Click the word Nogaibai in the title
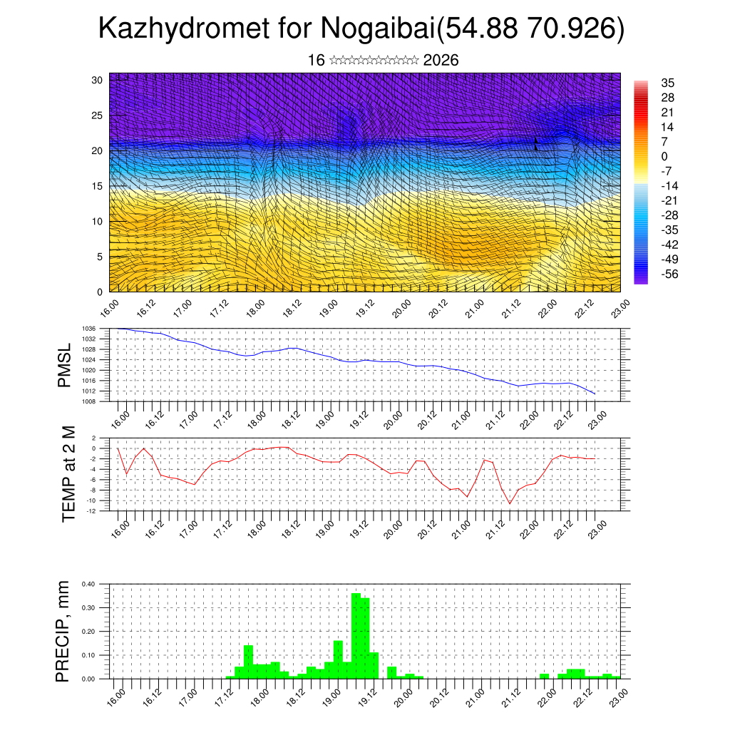tap(378, 29)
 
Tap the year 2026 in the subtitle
tap(441, 61)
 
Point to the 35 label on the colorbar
tap(668, 83)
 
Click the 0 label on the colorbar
tap(665, 156)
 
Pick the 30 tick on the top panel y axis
tap(97, 80)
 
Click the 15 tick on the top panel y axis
tap(97, 186)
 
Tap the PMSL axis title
tap(65, 365)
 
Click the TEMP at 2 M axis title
tap(68, 474)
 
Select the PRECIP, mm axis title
tap(63, 631)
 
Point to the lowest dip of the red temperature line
tap(510, 503)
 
